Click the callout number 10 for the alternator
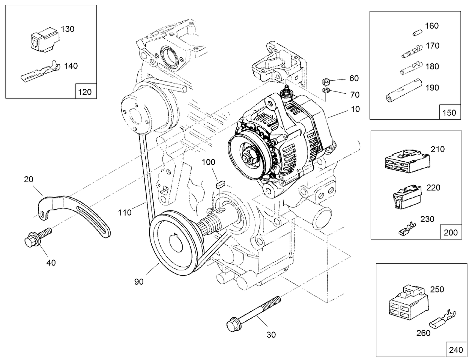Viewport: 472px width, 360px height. [355, 109]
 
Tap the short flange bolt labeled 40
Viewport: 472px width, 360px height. [37, 238]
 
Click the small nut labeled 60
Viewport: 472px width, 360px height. [326, 81]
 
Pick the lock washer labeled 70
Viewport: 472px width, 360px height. [326, 90]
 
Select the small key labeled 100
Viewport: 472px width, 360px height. [220, 183]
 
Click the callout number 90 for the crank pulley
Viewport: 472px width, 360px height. [139, 281]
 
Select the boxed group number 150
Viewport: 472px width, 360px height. [449, 112]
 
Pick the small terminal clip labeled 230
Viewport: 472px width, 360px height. [406, 229]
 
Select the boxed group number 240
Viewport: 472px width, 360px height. [455, 350]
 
